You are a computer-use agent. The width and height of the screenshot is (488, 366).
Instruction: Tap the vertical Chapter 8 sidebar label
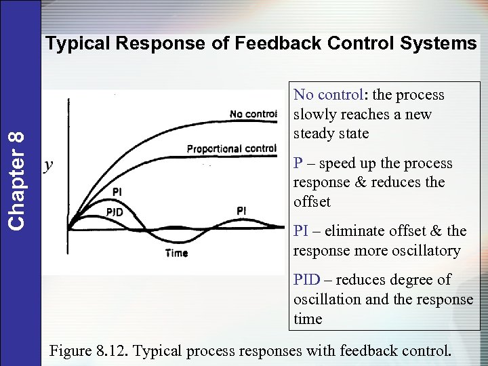[20, 179]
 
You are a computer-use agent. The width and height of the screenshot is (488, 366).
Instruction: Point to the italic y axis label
[48, 165]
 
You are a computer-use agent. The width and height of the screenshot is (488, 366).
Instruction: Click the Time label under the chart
[176, 253]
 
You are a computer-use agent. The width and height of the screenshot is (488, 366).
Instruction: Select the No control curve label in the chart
[253, 113]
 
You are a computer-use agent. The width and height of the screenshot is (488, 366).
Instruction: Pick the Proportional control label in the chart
[231, 148]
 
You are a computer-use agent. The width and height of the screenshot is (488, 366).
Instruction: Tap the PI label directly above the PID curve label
[117, 192]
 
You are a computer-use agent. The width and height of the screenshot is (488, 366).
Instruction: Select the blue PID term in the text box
[306, 280]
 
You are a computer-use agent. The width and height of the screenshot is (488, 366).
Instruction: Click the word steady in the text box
[312, 134]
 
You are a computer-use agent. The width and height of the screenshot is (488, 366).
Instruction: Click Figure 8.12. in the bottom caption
[88, 351]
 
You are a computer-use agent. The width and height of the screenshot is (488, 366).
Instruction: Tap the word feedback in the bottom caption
[374, 351]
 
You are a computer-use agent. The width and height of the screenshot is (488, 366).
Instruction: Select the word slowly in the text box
[315, 115]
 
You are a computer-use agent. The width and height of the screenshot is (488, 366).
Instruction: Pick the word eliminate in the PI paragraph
[352, 232]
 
